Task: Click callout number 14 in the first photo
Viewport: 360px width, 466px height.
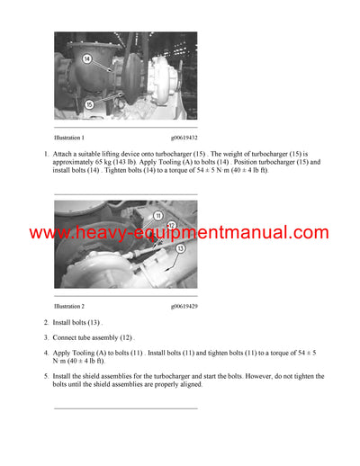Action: (87, 58)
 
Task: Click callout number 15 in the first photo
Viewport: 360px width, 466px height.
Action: (89, 104)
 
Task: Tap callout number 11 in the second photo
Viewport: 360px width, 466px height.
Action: (157, 216)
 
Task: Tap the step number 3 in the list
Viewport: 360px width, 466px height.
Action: (46, 338)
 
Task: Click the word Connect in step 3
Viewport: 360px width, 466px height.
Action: (67, 338)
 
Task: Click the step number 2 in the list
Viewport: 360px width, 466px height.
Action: (46, 322)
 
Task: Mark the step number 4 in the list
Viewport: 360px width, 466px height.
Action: (46, 354)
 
